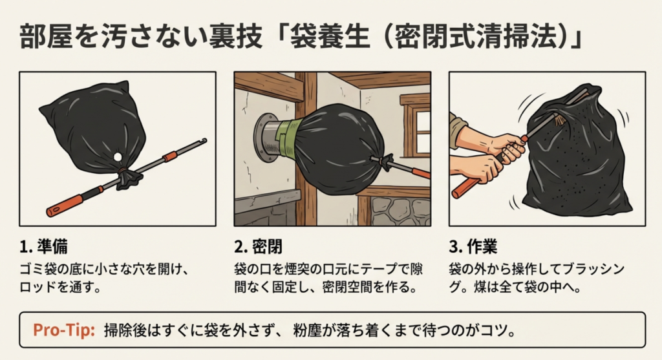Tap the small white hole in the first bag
point(116,157)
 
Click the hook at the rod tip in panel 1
point(203,140)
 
